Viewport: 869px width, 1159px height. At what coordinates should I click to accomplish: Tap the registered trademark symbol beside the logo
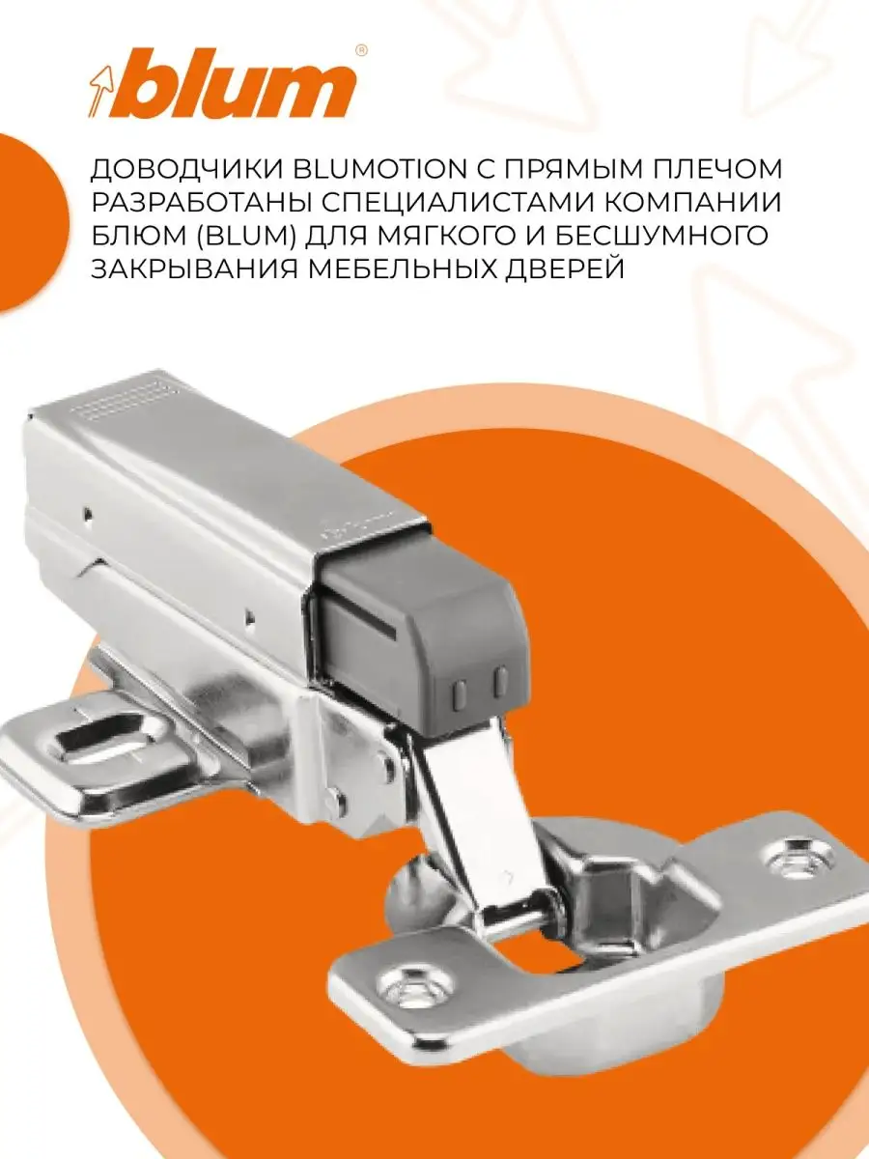click(361, 50)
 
